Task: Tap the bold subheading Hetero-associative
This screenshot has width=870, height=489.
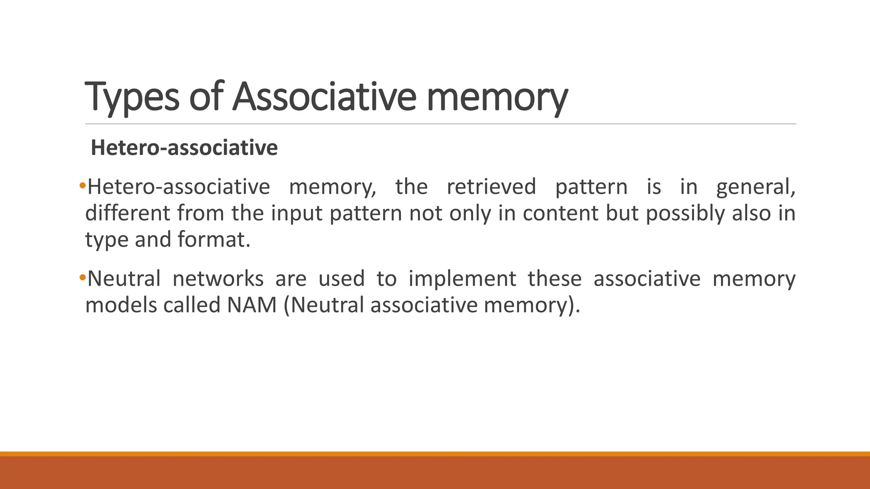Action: [184, 148]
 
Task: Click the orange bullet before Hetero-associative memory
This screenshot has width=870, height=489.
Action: [82, 185]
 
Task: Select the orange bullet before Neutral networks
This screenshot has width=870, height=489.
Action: [82, 278]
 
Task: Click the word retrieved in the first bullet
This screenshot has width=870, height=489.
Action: [491, 187]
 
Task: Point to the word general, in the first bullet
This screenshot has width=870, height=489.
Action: [755, 187]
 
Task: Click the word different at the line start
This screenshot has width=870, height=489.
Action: [127, 213]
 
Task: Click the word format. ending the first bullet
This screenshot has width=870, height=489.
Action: [214, 239]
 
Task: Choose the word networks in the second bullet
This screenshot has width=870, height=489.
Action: [218, 279]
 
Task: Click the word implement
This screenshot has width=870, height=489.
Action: [462, 279]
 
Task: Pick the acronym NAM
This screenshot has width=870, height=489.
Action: [252, 305]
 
